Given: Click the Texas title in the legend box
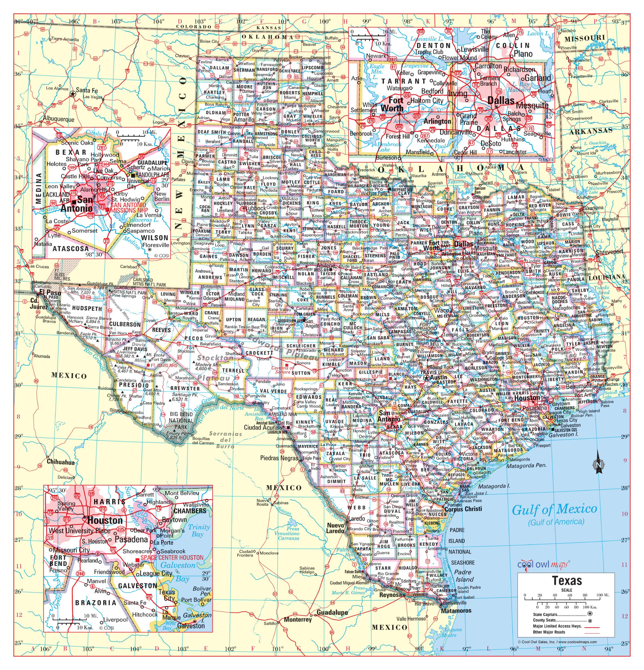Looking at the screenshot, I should pos(566,580).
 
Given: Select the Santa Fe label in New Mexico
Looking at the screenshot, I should pos(86,91).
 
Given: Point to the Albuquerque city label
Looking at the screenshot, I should pos(58,119).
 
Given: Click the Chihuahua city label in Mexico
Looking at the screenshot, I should pos(61,462).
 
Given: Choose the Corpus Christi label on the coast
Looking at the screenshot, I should pos(463,509).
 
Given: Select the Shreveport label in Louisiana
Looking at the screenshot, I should pos(609,252).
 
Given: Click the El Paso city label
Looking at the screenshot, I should pos(50,293).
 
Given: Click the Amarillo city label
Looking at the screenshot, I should pos(244,120).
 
